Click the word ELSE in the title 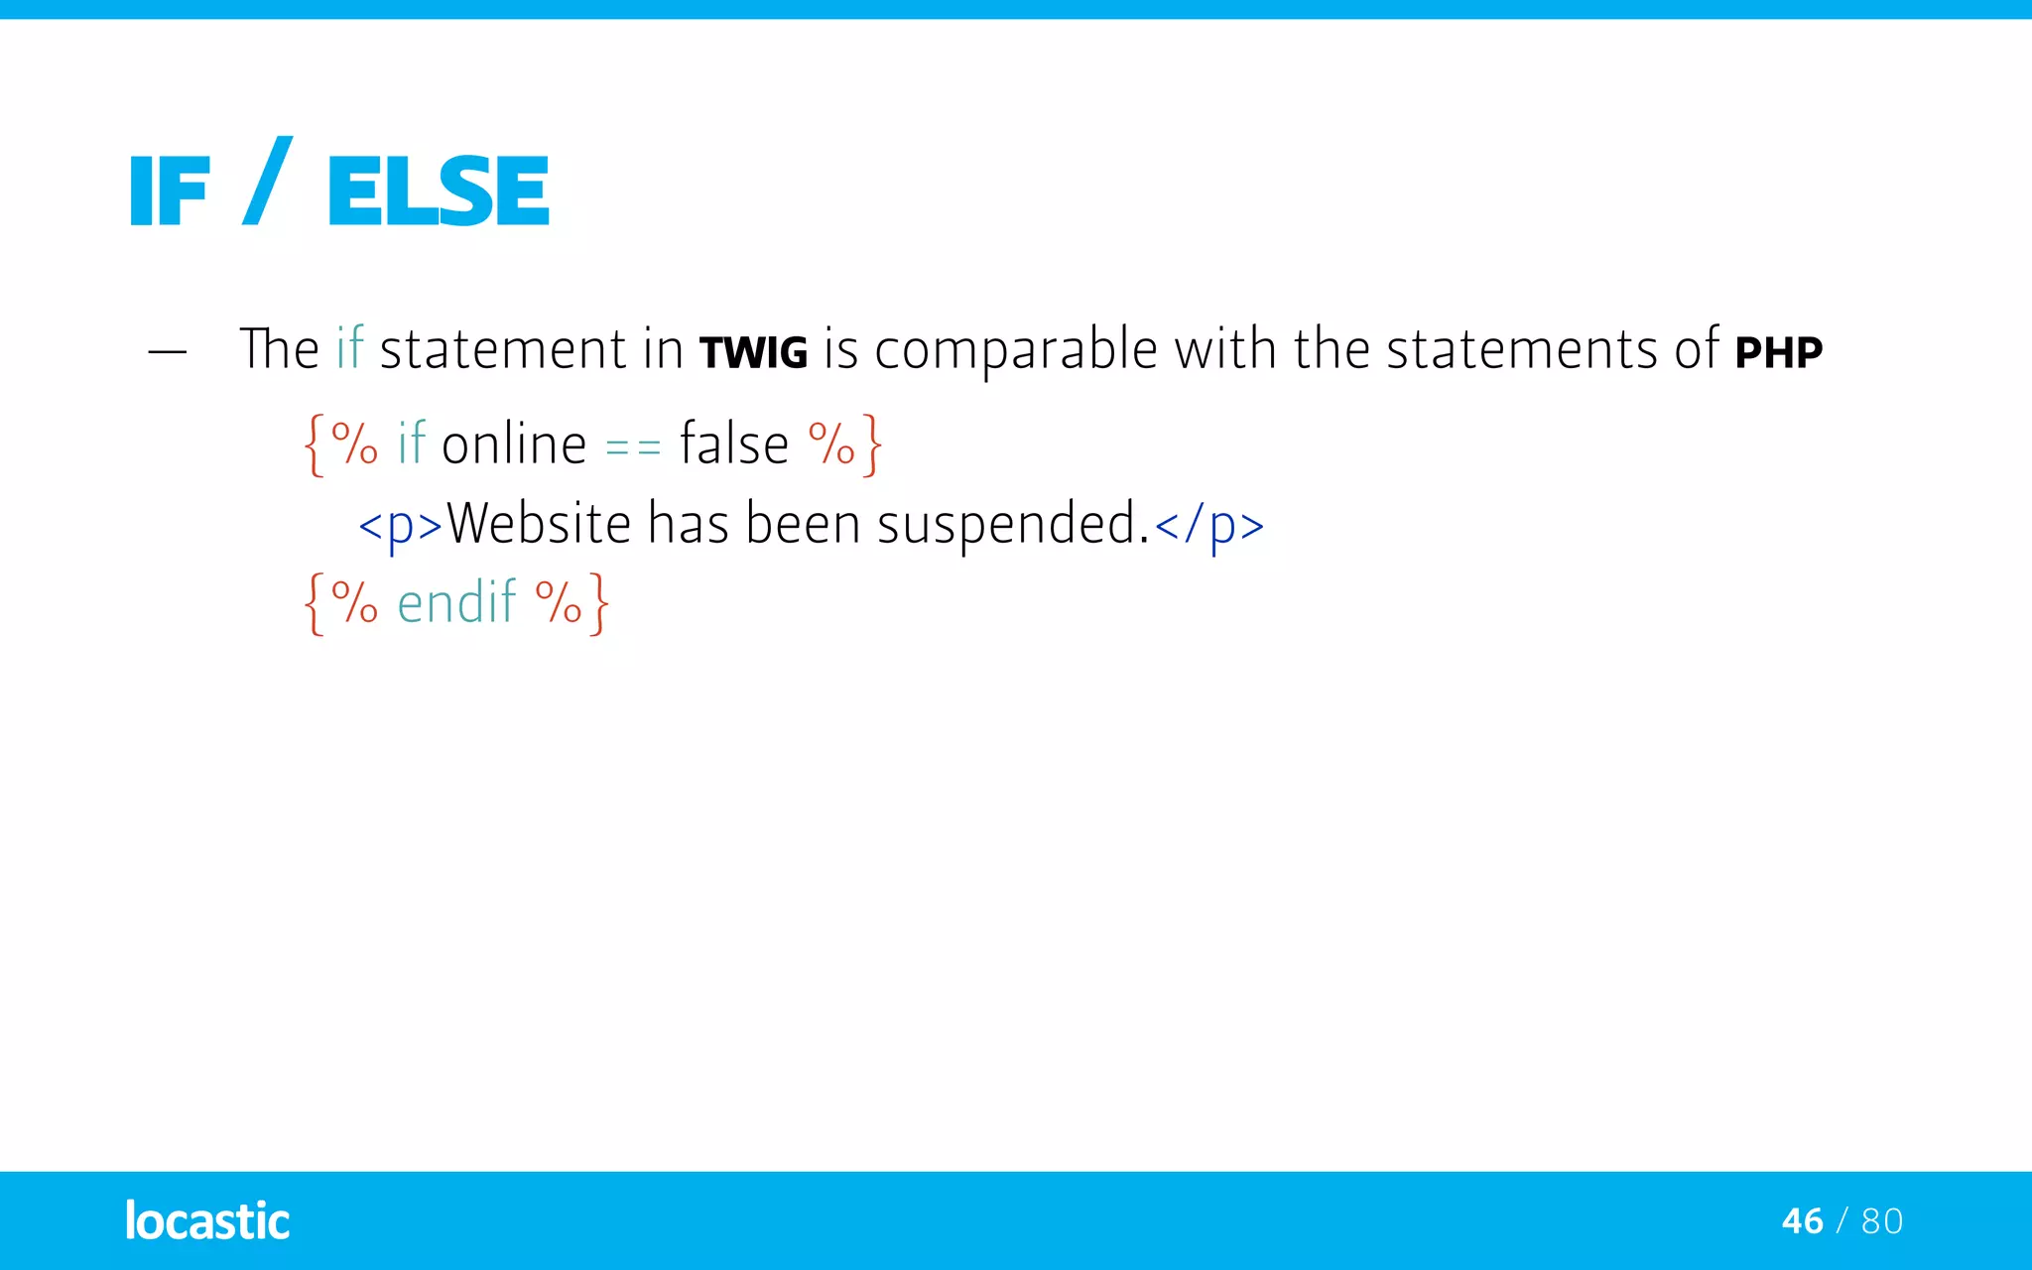tap(438, 190)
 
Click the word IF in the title tap(170, 191)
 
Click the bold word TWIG tap(753, 353)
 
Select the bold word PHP tap(1778, 353)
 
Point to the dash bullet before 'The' tap(167, 351)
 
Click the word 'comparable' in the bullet tap(1016, 349)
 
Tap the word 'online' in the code tap(514, 444)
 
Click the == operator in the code tap(633, 448)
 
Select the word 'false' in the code tap(733, 444)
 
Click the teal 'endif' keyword tap(456, 602)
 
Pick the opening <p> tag tap(400, 525)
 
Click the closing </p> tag tap(1209, 525)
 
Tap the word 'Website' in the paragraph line tap(539, 523)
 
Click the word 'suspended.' tap(1013, 523)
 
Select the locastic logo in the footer tap(207, 1221)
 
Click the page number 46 tap(1802, 1221)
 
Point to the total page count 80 tap(1882, 1221)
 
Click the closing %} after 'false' tap(844, 444)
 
